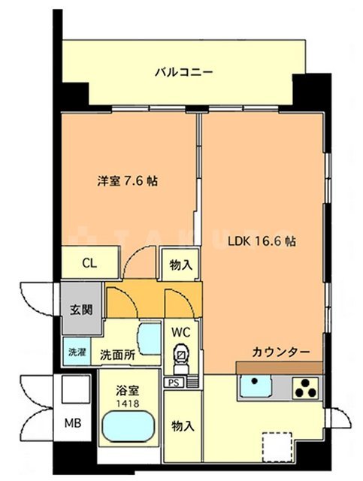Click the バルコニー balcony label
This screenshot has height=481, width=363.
point(184,73)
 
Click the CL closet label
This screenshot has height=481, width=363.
point(89,264)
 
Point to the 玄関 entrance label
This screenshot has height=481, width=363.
point(81,308)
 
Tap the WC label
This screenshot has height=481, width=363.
point(182,331)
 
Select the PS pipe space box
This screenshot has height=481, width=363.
point(174,382)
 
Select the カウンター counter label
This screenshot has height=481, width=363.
point(281,352)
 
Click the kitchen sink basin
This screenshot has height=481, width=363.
point(256,389)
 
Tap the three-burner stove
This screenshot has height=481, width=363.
point(306,389)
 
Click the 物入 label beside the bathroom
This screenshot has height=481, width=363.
point(183,425)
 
